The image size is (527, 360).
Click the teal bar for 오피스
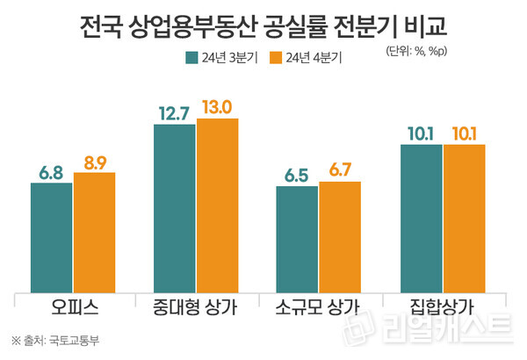coord(52,238)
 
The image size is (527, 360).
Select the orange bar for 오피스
coord(94,233)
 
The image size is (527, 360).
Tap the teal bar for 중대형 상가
coord(175,209)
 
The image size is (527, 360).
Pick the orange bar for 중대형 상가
coord(217,205)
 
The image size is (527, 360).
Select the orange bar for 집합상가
coord(464,219)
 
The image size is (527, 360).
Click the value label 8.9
coord(94,160)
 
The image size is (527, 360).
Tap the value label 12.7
coord(175,112)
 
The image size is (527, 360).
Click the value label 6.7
coord(340,169)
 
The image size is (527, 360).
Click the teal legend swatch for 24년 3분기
coord(190,59)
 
